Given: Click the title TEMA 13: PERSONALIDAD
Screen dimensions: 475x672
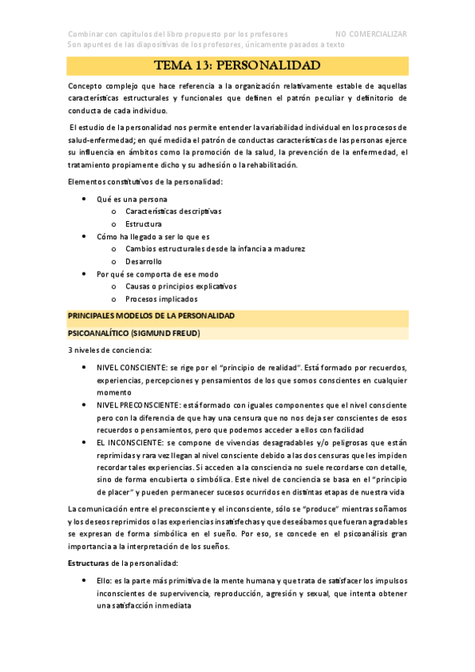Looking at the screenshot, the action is pos(237,65).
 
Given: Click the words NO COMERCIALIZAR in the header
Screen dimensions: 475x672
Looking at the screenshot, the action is pos(371,34).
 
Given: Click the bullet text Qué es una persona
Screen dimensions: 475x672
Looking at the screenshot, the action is pos(132,199).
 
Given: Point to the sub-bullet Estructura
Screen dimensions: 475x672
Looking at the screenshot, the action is pos(144,224).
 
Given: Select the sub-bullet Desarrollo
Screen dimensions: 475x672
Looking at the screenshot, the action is pos(144,262).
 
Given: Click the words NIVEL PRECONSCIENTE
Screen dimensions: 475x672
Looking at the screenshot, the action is pos(137,405).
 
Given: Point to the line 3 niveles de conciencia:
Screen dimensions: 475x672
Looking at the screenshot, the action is pos(109,350).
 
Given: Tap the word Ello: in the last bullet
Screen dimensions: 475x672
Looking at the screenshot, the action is pos(106,581).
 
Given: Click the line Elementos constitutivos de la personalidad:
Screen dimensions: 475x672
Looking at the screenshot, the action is pos(145,182).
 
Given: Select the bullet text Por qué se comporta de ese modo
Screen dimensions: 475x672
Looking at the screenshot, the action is pos(147,274).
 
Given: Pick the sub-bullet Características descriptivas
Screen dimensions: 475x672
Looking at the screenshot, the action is pos(174,212).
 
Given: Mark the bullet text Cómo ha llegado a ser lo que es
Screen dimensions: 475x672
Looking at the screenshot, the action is pos(153,237).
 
